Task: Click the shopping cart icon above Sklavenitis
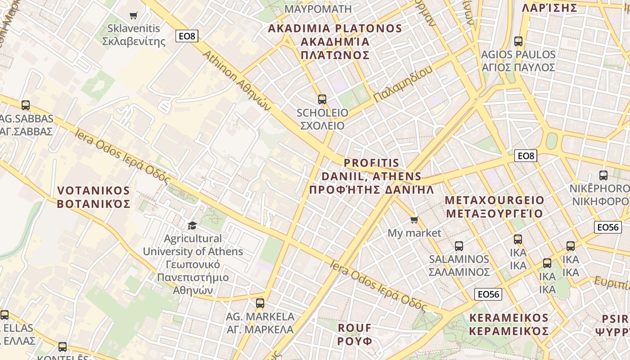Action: [133, 16]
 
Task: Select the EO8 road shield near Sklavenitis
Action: [187, 36]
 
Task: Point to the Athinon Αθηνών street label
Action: [236, 80]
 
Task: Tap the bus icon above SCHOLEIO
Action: [322, 99]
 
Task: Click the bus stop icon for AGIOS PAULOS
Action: [518, 41]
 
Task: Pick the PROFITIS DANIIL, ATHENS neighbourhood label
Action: [372, 176]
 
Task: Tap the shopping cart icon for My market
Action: [414, 220]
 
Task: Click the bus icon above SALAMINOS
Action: [459, 246]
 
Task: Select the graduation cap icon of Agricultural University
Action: [193, 225]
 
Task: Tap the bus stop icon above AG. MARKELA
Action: [260, 303]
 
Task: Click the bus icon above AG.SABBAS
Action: [26, 105]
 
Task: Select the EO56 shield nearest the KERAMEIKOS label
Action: [488, 294]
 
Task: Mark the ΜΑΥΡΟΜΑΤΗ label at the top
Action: [318, 9]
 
